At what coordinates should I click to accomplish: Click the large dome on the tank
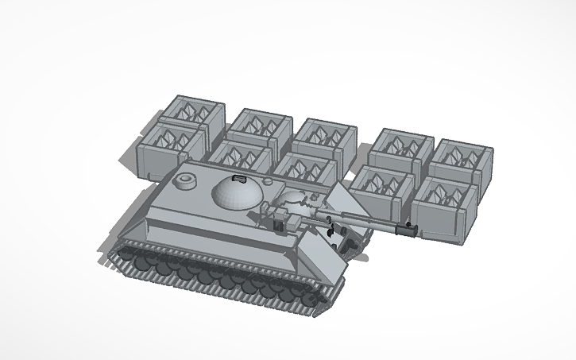pos(236,192)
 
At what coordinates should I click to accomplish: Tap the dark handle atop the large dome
pos(237,176)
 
